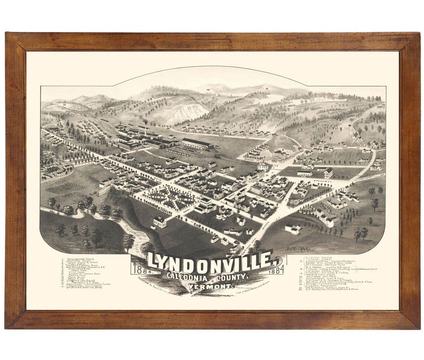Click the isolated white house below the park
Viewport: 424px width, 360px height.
159,221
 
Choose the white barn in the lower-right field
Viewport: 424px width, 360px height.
293,229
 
